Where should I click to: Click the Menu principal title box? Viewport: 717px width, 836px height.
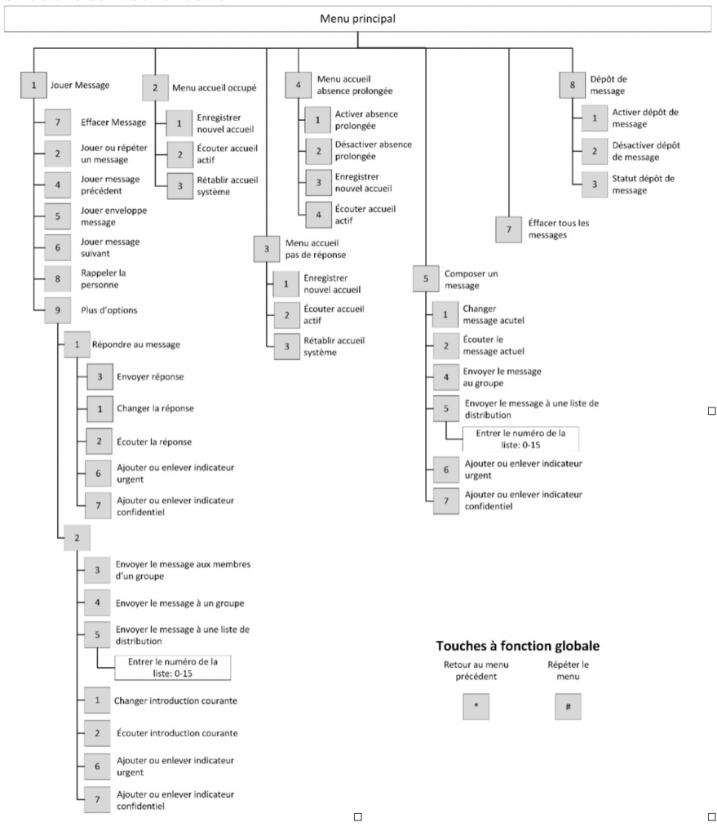pos(358,19)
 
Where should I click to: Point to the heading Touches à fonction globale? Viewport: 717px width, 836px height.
pos(518,646)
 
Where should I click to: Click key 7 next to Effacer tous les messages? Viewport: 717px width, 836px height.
pos(509,230)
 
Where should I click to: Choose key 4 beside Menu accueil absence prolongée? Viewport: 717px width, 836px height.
pos(299,84)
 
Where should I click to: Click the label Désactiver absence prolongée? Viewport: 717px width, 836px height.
pos(373,150)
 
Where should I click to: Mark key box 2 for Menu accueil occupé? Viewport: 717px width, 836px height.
pos(154,86)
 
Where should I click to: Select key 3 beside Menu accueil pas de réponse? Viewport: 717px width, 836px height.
pos(267,249)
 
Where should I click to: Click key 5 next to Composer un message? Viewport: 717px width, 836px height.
pos(425,279)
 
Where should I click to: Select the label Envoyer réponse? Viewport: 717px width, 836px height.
pos(150,377)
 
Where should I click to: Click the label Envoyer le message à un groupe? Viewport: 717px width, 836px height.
pos(179,603)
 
